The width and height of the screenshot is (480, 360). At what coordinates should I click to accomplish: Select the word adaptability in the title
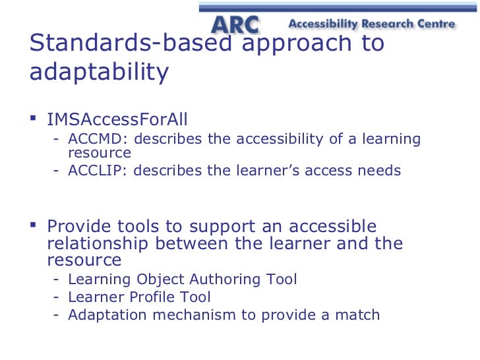[x=99, y=73]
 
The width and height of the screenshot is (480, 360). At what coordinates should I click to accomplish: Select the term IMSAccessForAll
[x=117, y=120]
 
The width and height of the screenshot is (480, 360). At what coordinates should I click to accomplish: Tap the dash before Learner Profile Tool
[x=57, y=297]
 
